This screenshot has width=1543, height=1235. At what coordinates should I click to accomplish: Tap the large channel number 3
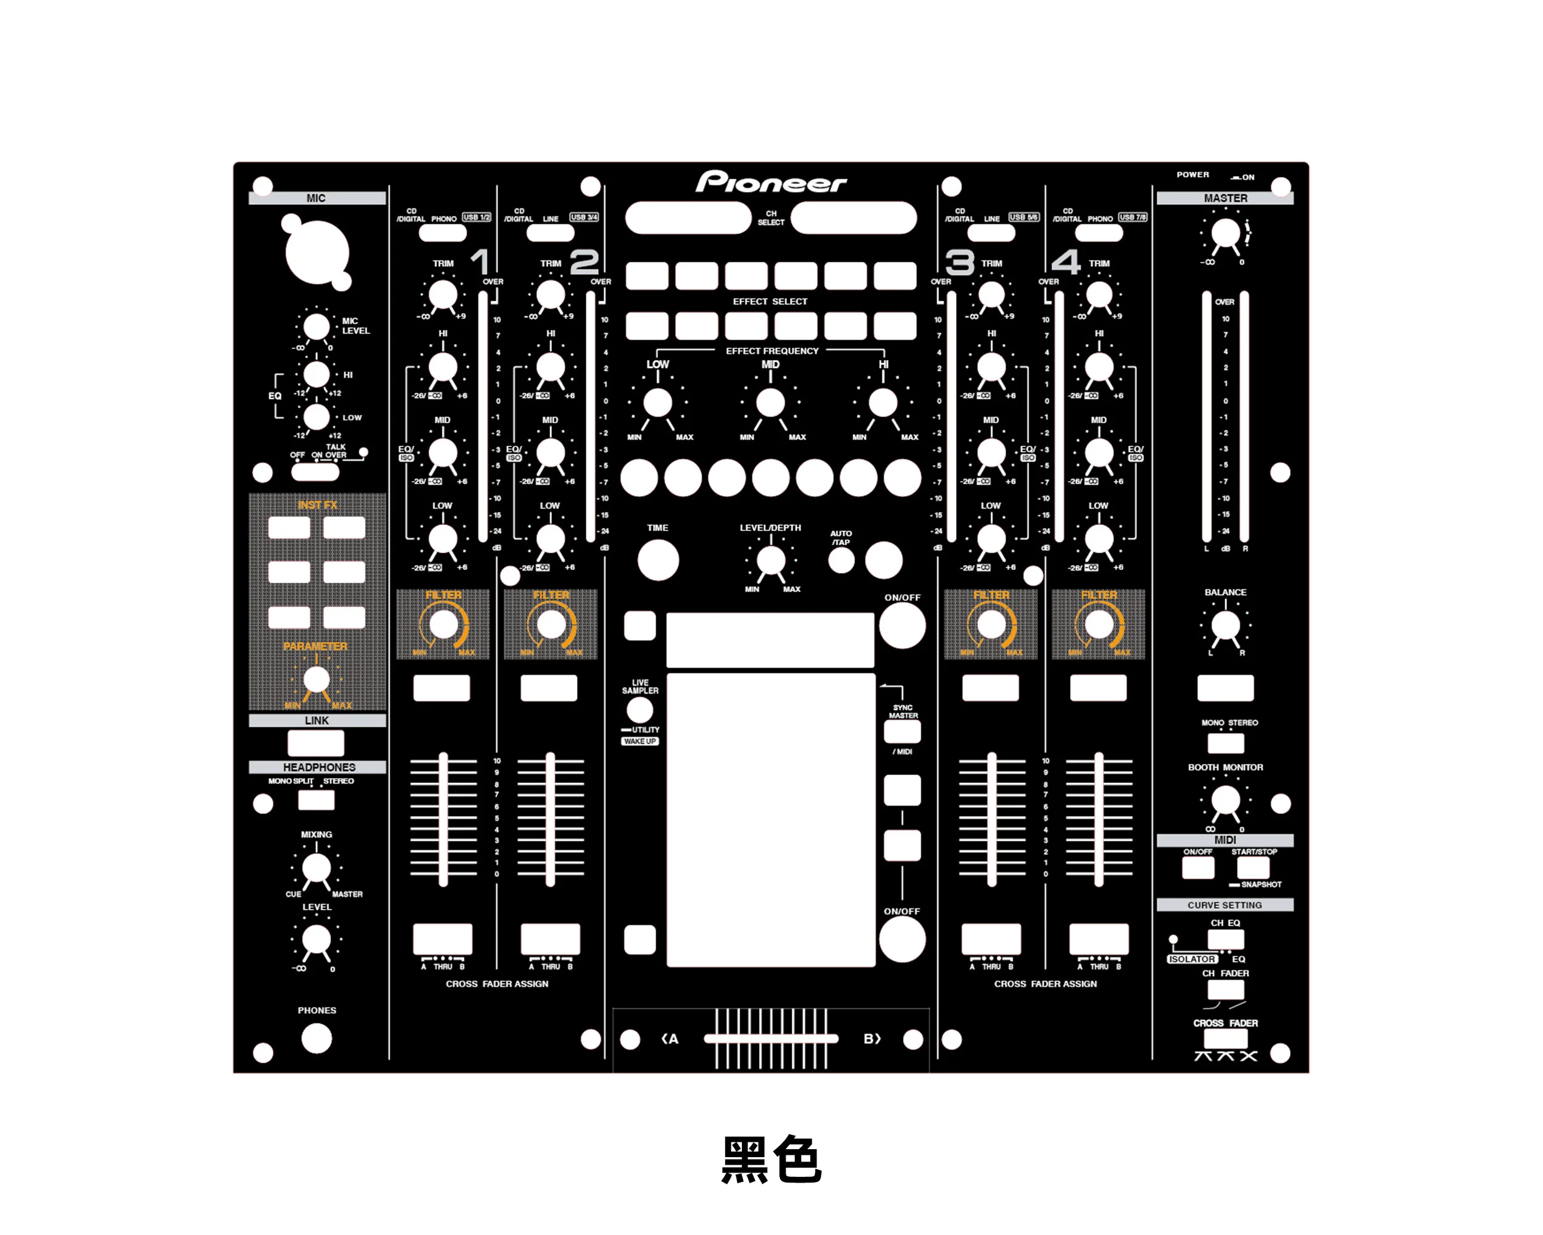[x=959, y=262]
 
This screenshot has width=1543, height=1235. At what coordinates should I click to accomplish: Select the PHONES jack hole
[x=317, y=1038]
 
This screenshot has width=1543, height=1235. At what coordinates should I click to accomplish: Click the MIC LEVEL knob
[x=317, y=327]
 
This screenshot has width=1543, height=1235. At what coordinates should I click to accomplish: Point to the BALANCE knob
[x=1225, y=626]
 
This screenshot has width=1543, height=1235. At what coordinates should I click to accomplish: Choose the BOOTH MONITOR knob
[x=1225, y=800]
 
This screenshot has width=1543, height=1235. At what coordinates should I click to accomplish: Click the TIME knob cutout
[x=658, y=560]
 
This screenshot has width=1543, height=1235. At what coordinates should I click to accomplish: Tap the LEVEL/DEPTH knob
[x=771, y=560]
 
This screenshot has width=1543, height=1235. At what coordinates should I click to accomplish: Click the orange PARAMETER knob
[x=317, y=679]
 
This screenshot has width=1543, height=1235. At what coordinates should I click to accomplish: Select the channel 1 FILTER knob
[x=443, y=624]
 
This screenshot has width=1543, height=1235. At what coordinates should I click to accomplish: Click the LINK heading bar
[x=317, y=720]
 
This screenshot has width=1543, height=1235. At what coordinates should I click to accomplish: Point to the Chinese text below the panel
[x=771, y=1159]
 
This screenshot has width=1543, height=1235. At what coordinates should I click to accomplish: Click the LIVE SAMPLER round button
[x=640, y=710]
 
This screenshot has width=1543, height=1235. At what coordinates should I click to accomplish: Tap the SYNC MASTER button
[x=902, y=732]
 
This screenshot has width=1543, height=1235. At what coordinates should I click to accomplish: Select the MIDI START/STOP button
[x=1253, y=868]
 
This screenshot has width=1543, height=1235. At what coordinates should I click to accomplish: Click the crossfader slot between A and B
[x=771, y=1038]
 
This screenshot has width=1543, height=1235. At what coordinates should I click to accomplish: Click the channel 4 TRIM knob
[x=1099, y=295]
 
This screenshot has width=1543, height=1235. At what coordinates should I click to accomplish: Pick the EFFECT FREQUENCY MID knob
[x=770, y=403]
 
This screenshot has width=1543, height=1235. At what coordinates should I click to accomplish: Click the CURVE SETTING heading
[x=1225, y=905]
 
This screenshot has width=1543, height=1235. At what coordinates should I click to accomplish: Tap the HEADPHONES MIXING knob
[x=317, y=868]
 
